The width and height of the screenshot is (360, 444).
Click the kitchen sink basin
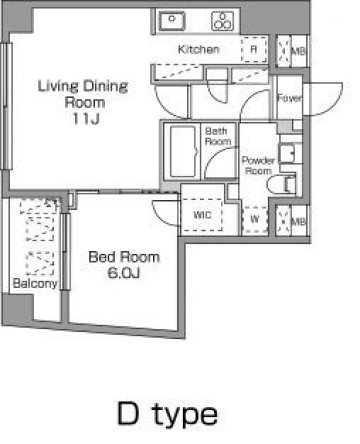[x=171, y=21]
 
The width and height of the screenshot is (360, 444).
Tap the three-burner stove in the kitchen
[x=222, y=21]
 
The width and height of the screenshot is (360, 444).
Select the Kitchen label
[x=199, y=49]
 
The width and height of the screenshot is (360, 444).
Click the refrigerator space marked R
[x=254, y=49]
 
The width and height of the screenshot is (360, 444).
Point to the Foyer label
[x=290, y=98]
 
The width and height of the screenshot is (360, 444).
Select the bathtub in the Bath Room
[x=183, y=152]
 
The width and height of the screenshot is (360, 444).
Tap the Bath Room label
[x=218, y=136]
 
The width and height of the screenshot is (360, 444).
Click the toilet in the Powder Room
[x=281, y=184]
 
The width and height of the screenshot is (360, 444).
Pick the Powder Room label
[x=258, y=165]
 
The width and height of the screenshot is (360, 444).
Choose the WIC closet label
[x=202, y=215]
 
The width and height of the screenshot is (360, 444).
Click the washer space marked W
[x=255, y=219]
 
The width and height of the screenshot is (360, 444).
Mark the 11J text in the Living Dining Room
[x=86, y=119]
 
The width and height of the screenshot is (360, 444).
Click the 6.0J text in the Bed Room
[x=123, y=273]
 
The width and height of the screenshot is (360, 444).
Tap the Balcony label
[x=35, y=283]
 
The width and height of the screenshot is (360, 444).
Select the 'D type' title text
[x=168, y=415]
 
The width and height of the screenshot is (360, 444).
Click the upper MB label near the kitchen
[x=299, y=51]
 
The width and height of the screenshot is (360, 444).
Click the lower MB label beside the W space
[x=299, y=221]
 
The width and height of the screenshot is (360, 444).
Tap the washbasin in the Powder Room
[x=287, y=153]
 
